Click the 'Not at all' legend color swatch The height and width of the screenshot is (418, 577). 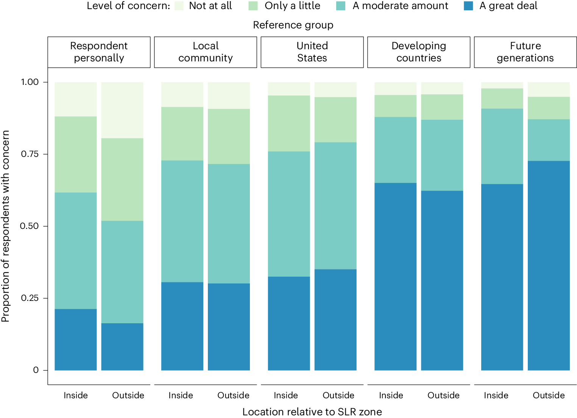[179, 6]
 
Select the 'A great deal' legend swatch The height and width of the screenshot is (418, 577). [468, 6]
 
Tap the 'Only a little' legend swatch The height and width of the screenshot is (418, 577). [253, 6]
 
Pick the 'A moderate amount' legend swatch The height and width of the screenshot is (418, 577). [341, 6]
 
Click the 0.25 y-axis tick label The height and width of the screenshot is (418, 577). [30, 298]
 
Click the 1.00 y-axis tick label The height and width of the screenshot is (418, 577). [30, 82]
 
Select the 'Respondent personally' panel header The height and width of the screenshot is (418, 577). [99, 52]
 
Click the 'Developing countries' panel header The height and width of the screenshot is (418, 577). [419, 52]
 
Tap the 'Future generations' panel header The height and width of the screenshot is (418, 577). [525, 52]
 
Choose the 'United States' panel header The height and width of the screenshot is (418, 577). [312, 52]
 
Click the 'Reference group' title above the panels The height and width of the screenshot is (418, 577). [293, 25]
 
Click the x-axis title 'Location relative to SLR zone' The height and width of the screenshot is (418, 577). [312, 412]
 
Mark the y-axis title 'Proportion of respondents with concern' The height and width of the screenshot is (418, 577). [5, 226]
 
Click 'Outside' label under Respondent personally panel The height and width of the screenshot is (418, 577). [128, 395]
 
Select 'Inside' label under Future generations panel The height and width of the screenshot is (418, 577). [496, 395]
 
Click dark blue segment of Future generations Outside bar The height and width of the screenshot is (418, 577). [549, 265]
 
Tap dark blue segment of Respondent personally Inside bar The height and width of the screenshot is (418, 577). [76, 340]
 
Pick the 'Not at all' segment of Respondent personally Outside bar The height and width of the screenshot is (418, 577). [122, 110]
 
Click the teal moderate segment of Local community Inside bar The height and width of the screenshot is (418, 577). [182, 221]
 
